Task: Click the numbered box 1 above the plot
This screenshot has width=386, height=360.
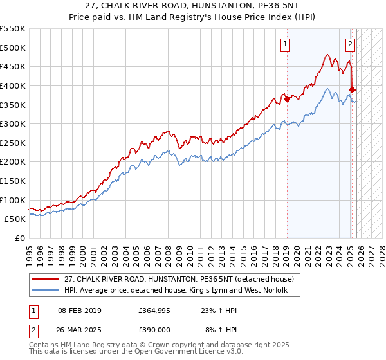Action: [x=284, y=44]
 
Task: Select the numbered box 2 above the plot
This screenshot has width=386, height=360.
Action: [x=350, y=44]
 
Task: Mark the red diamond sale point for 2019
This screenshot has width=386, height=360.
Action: [x=287, y=99]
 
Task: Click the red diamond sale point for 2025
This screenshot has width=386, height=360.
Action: [x=353, y=89]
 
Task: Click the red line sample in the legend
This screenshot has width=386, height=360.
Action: [x=46, y=279]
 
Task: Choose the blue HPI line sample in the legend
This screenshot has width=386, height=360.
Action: [x=46, y=291]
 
